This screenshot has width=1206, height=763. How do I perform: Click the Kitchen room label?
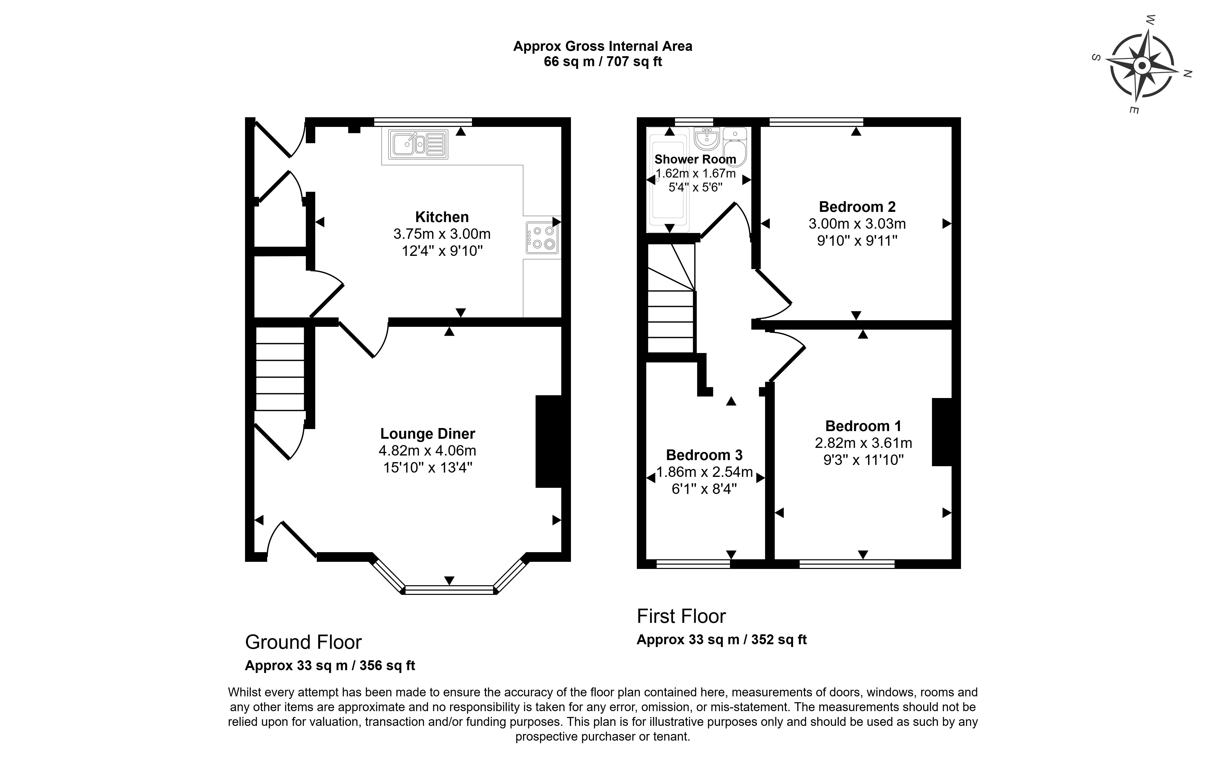coord(442,217)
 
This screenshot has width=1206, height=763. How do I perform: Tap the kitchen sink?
coord(418,145)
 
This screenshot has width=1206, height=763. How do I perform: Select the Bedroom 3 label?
coord(704,455)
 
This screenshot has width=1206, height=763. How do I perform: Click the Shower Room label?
coord(695,159)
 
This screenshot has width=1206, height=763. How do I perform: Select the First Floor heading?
coord(681,616)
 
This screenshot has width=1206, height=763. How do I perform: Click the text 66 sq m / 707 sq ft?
coord(603,62)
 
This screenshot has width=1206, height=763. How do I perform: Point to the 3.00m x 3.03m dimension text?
coord(857,224)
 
